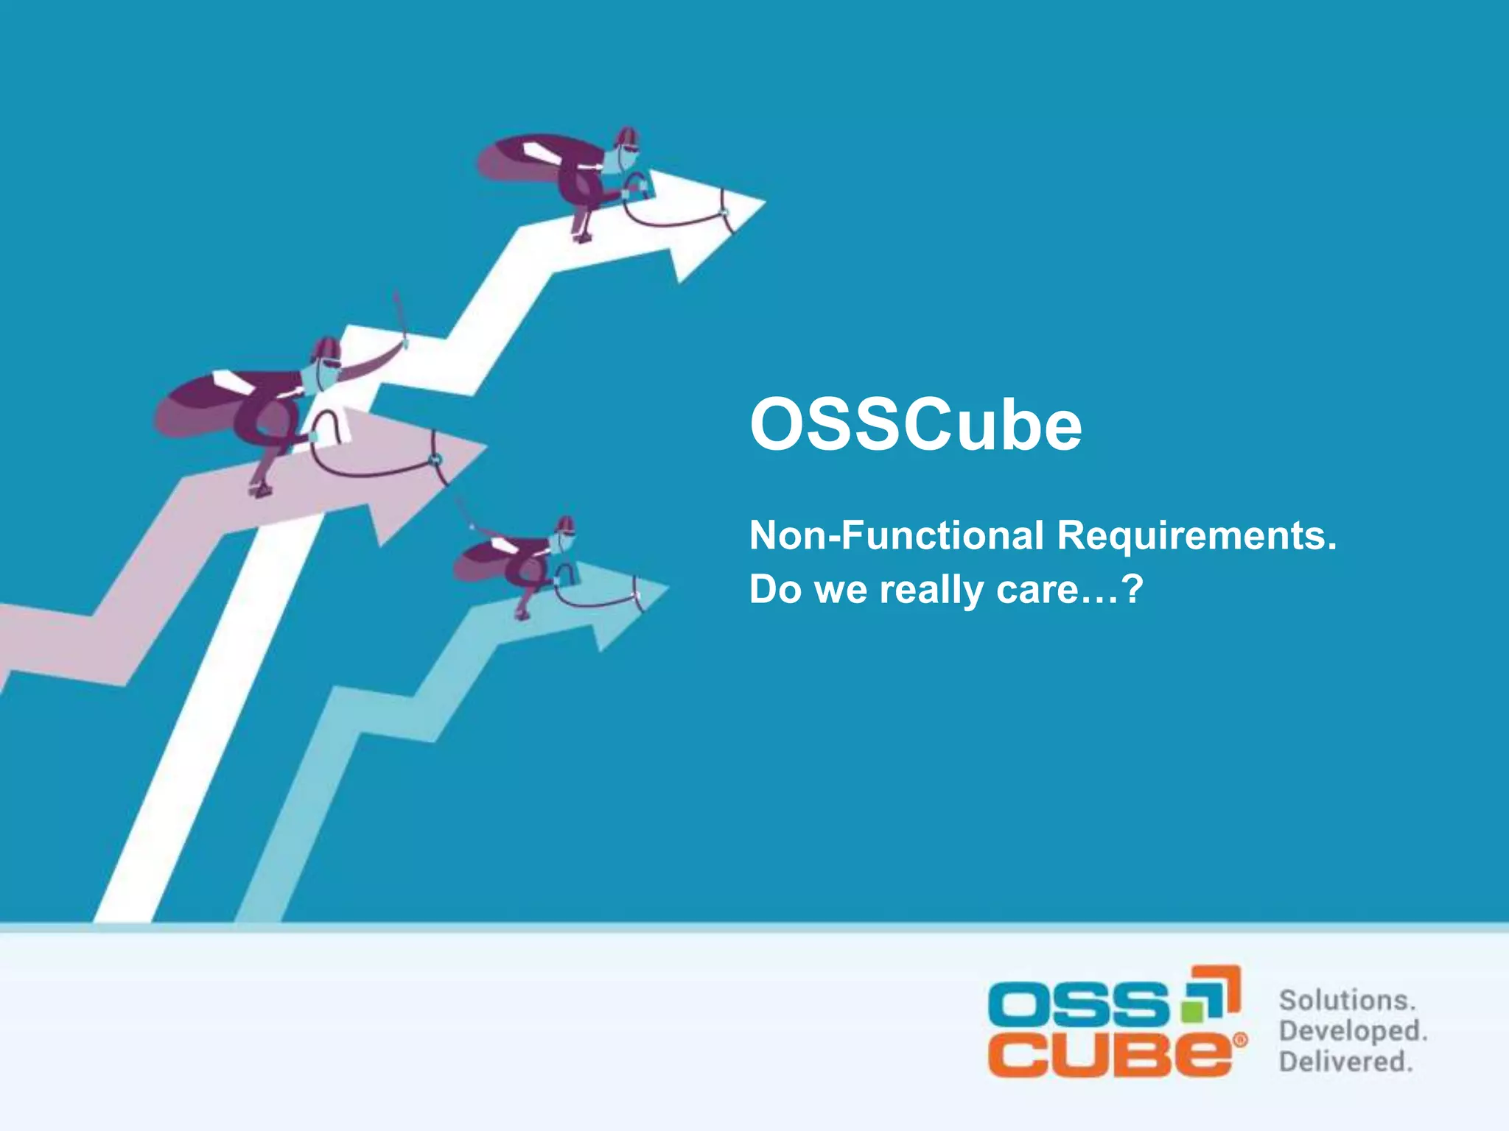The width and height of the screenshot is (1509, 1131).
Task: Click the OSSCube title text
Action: (915, 426)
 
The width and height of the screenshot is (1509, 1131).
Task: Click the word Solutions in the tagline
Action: (1347, 1001)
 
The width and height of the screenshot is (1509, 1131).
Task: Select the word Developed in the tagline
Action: (1353, 1031)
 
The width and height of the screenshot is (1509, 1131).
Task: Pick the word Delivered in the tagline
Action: (1345, 1062)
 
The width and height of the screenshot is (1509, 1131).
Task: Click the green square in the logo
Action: (1191, 1010)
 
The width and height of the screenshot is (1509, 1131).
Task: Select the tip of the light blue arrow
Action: (666, 588)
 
